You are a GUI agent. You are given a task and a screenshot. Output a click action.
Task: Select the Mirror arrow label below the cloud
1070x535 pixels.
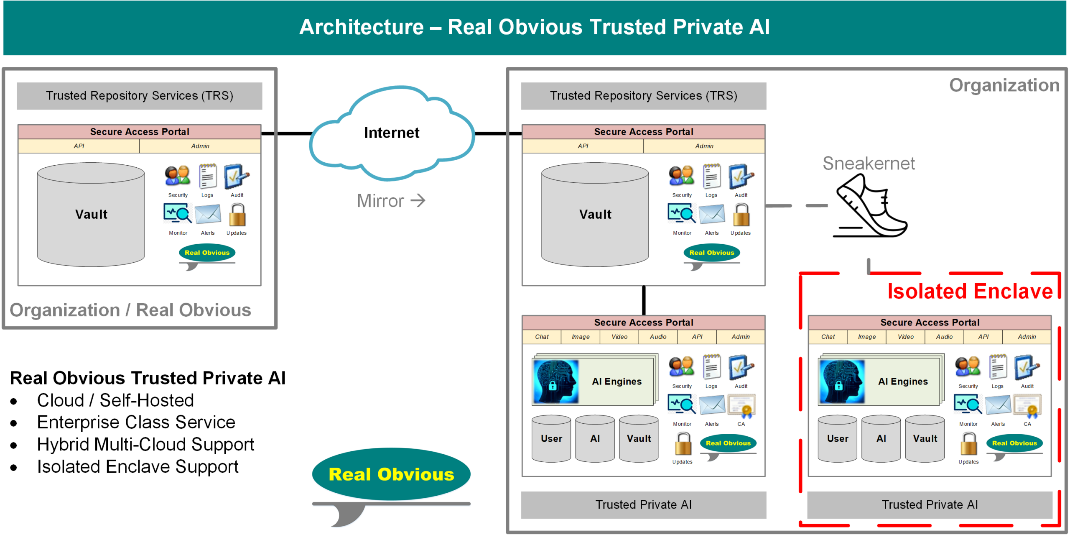pyautogui.click(x=391, y=201)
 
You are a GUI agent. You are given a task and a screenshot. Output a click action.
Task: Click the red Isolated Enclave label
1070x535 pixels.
pyautogui.click(x=970, y=291)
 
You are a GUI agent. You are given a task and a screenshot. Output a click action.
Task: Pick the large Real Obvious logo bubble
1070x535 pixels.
pyautogui.click(x=391, y=474)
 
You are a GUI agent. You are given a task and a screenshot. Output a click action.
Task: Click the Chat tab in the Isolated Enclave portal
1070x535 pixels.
pyautogui.click(x=828, y=337)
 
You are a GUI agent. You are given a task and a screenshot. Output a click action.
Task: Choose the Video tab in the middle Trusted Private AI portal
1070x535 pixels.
pyautogui.click(x=619, y=337)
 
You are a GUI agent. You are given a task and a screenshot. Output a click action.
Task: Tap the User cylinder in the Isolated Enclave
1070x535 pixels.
pyautogui.click(x=838, y=439)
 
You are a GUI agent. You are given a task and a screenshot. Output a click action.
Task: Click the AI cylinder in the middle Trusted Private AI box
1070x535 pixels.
pyautogui.click(x=595, y=439)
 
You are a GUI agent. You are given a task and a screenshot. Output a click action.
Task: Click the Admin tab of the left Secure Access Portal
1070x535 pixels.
pyautogui.click(x=200, y=146)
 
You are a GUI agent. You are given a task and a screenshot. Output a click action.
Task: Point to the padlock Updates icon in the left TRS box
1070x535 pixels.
pyautogui.click(x=237, y=215)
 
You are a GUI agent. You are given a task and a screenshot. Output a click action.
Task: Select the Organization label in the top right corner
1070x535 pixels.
pyautogui.click(x=1004, y=85)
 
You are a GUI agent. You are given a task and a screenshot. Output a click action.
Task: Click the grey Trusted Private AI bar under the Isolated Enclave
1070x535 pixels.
pyautogui.click(x=930, y=505)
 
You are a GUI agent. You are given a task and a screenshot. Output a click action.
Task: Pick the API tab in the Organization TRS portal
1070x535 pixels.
pyautogui.click(x=583, y=146)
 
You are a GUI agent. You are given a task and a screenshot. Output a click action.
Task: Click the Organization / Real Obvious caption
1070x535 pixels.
pyautogui.click(x=130, y=310)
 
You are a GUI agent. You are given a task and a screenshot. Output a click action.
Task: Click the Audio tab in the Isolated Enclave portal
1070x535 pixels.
pyautogui.click(x=944, y=337)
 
